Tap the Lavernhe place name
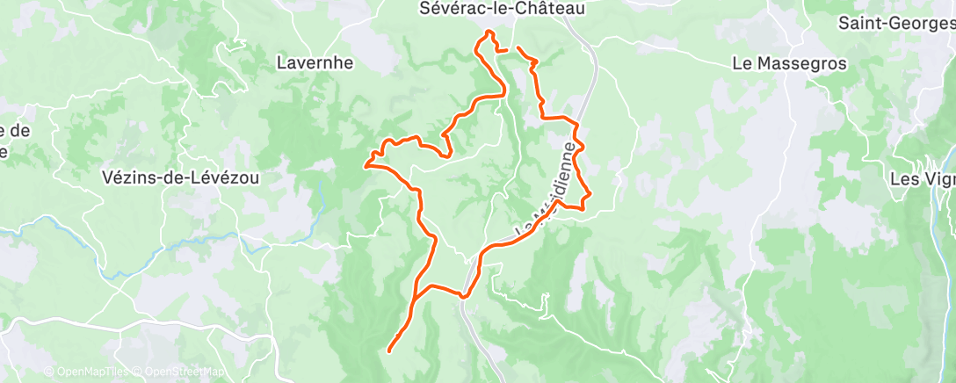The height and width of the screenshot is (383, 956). [315, 62]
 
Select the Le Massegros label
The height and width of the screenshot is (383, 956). [790, 63]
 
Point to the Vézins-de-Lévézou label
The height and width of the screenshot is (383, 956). [182, 177]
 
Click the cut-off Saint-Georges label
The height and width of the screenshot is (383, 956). [896, 24]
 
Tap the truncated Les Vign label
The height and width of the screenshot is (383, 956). [923, 179]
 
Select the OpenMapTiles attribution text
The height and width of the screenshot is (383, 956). [83, 372]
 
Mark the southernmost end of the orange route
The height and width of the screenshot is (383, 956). [388, 351]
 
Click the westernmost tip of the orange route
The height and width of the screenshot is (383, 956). [366, 163]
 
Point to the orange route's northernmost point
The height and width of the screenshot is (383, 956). [489, 32]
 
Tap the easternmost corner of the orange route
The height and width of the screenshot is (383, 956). [590, 192]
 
